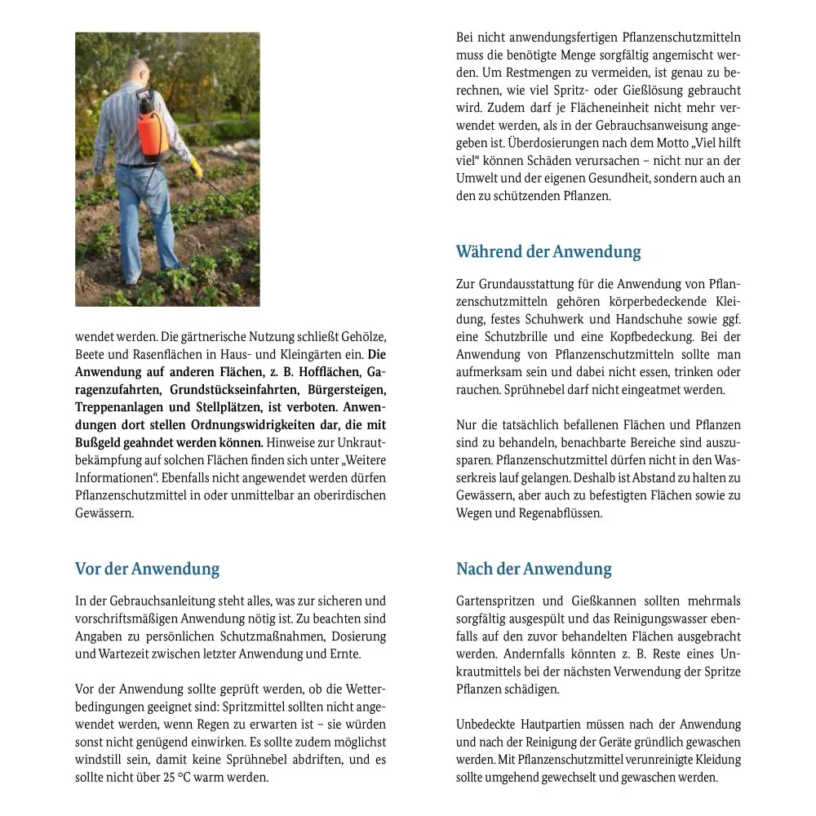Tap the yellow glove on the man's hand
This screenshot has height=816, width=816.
(x=196, y=170)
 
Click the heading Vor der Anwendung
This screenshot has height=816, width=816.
(x=147, y=569)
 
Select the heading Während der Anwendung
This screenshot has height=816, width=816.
(x=548, y=251)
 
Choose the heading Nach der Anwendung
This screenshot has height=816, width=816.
(x=534, y=569)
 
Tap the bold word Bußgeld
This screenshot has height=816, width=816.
(x=97, y=442)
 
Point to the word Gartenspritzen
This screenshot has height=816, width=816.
(x=498, y=601)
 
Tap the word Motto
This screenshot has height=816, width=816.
(x=650, y=143)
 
